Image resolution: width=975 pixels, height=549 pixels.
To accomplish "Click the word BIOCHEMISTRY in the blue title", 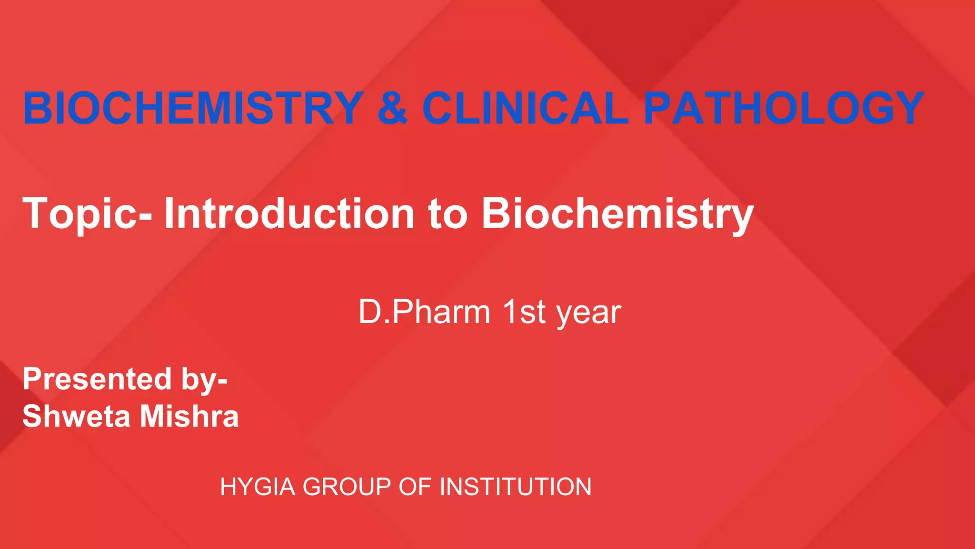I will (x=193, y=108).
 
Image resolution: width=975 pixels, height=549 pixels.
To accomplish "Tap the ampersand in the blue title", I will (x=392, y=108).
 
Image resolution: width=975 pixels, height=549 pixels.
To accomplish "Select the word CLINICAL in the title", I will (x=525, y=108).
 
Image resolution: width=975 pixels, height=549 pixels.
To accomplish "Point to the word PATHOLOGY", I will (x=784, y=108).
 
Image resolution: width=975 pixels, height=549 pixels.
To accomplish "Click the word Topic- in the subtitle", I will (x=88, y=214).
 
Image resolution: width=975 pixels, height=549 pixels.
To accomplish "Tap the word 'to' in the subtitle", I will (x=448, y=214).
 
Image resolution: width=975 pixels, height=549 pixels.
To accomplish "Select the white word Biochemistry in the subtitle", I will (x=617, y=214).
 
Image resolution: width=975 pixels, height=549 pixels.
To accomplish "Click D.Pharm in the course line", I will (x=424, y=312).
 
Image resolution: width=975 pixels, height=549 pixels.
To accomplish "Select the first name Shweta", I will (x=76, y=416).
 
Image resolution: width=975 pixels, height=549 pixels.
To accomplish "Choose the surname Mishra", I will (x=189, y=416).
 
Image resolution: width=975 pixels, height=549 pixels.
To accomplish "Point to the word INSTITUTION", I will (x=515, y=487).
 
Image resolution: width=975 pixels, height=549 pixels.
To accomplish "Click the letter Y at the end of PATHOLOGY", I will (x=906, y=108).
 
